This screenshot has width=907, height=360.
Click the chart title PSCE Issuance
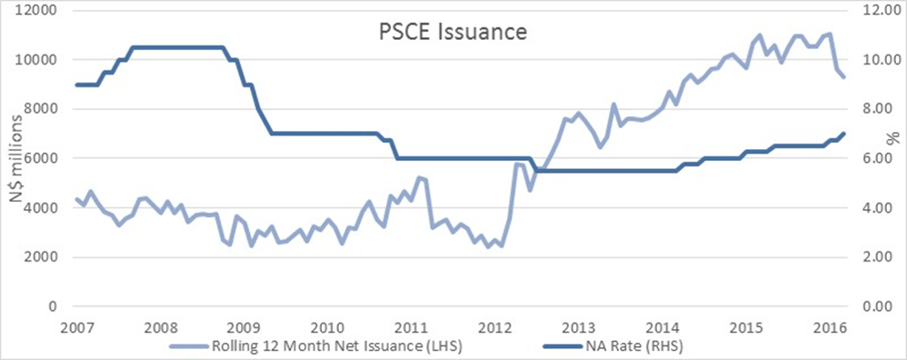point(453,33)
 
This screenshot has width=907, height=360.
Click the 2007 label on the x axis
point(76,326)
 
